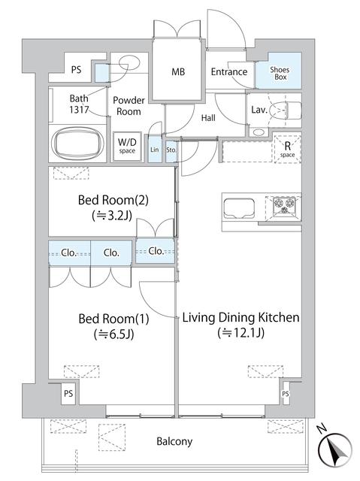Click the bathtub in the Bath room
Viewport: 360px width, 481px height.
point(77,143)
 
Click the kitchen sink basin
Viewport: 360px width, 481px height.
point(239,208)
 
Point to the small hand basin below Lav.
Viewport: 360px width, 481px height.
point(259,132)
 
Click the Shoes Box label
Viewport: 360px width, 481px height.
point(280,74)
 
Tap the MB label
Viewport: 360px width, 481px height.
point(178,72)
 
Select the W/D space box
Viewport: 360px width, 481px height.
point(127,146)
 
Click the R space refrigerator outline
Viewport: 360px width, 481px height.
point(287,149)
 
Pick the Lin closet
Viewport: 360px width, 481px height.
point(155,149)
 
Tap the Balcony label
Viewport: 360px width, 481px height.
point(174,441)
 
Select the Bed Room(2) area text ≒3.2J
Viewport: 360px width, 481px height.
point(112,216)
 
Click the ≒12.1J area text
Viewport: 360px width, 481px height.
point(241,332)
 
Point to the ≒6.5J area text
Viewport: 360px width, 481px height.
point(114,334)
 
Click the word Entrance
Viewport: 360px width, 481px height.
point(229,72)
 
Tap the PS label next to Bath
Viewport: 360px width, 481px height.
point(76,70)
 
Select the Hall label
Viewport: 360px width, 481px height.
point(208,118)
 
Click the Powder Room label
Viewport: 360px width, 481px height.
point(129,106)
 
